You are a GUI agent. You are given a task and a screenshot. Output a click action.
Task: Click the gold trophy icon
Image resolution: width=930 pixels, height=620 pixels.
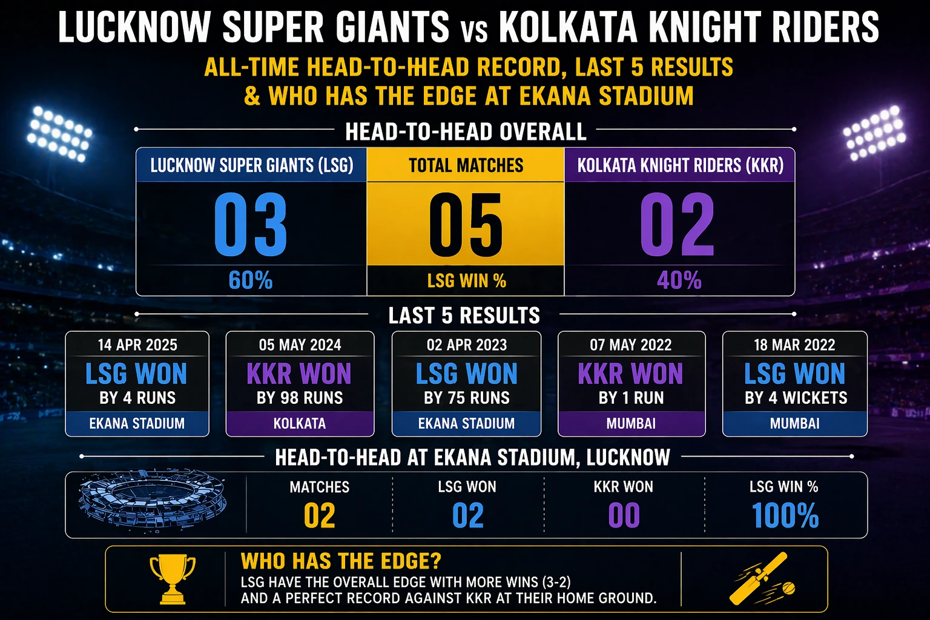pyautogui.click(x=173, y=579)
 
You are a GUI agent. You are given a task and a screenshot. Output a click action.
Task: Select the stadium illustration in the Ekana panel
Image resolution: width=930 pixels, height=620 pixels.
pyautogui.click(x=153, y=502)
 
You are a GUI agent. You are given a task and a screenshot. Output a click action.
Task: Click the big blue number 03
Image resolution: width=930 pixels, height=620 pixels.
pyautogui.click(x=251, y=225)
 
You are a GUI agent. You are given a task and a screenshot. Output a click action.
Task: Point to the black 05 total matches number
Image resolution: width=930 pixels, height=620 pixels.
pyautogui.click(x=466, y=225)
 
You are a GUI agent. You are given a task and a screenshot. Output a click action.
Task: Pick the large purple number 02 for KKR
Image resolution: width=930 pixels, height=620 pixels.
pyautogui.click(x=678, y=225)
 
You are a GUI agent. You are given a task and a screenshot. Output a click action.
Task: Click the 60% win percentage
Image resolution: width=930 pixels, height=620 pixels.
pyautogui.click(x=251, y=280)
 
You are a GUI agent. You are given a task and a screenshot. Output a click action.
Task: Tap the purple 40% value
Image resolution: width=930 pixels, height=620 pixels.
pyautogui.click(x=679, y=280)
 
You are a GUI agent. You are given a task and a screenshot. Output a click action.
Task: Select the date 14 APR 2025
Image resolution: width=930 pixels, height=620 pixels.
pyautogui.click(x=137, y=345)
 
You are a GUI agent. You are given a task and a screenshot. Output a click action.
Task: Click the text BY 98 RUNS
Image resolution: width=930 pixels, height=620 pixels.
pyautogui.click(x=300, y=398)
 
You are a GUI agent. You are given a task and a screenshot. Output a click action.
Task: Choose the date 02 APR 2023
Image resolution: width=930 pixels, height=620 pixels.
pyautogui.click(x=466, y=345)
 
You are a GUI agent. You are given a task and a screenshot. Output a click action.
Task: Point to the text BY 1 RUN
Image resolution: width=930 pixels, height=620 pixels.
pyautogui.click(x=631, y=398)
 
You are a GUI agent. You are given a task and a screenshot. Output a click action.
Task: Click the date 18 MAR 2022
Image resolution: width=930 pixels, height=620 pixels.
pyautogui.click(x=794, y=345)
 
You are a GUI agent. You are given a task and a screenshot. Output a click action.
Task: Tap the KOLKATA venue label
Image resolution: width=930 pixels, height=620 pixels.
pyautogui.click(x=300, y=423)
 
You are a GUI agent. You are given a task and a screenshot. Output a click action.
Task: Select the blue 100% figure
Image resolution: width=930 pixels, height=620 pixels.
pyautogui.click(x=785, y=516)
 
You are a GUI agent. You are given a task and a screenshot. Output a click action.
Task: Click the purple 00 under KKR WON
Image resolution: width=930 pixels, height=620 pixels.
pyautogui.click(x=624, y=516)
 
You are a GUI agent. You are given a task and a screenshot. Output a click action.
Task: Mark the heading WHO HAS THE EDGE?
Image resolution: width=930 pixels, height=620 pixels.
pyautogui.click(x=341, y=561)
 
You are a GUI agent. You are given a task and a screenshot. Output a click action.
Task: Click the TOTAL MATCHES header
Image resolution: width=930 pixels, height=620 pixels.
pyautogui.click(x=466, y=165)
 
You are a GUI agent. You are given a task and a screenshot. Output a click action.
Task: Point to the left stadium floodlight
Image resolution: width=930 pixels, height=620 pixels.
pyautogui.click(x=59, y=134)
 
